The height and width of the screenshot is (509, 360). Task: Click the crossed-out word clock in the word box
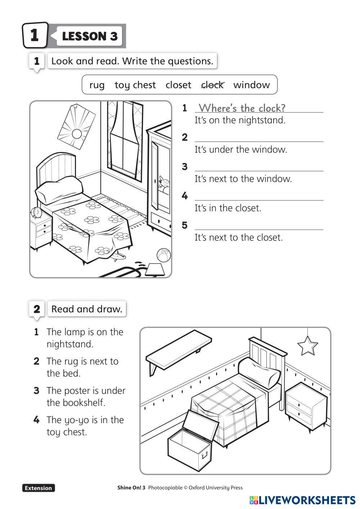click(x=212, y=85)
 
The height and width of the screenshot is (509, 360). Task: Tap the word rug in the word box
click(x=97, y=85)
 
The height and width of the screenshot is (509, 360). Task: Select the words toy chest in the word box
click(x=135, y=85)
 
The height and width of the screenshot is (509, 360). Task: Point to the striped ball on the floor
click(x=163, y=255)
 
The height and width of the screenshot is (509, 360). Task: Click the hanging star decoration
click(x=307, y=346)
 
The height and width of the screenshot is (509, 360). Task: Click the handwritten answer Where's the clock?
click(x=242, y=108)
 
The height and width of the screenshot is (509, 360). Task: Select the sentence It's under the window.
click(x=241, y=149)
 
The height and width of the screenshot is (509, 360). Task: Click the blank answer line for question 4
click(x=259, y=196)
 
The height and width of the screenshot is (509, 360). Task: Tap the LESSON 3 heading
click(x=90, y=36)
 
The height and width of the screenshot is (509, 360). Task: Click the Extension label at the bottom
click(x=39, y=488)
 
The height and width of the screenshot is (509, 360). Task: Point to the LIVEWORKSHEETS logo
click(x=302, y=500)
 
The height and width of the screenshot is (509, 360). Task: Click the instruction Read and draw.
click(x=87, y=309)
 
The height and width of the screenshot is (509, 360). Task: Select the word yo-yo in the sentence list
click(x=78, y=420)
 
